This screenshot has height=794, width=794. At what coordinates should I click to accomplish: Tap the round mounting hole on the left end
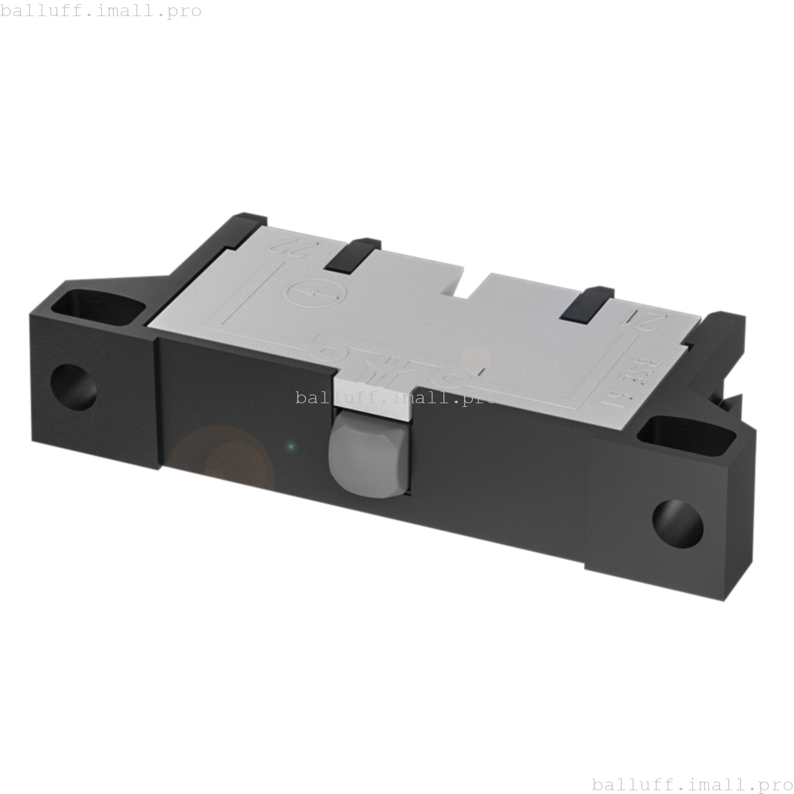point(73,387)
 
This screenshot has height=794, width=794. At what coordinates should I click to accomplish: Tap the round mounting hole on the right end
point(677,524)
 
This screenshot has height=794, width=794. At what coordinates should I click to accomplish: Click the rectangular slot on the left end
point(99,308)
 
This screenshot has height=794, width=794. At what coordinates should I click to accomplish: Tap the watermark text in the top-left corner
point(101,11)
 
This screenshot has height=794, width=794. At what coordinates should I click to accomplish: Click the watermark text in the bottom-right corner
point(692,784)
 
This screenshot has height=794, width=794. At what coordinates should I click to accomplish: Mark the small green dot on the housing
point(290,446)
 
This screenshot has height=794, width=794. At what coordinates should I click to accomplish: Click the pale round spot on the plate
point(476,359)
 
